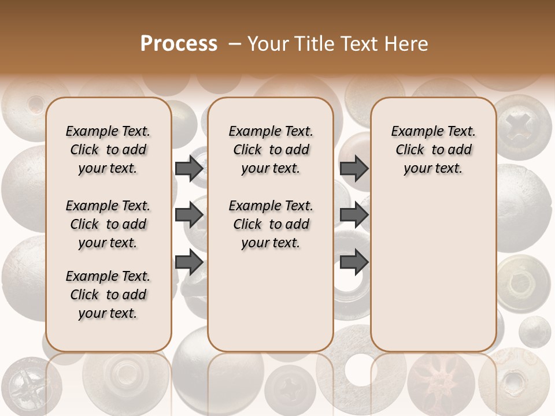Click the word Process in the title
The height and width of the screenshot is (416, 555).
(x=179, y=44)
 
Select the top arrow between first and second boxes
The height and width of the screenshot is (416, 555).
(x=189, y=169)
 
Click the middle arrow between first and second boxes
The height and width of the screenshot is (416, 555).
(x=189, y=216)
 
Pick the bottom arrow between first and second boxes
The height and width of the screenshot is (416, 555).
(x=189, y=262)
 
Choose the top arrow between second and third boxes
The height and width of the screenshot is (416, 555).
(x=354, y=169)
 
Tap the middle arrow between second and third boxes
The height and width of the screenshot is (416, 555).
(x=354, y=216)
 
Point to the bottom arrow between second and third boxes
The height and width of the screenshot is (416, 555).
(x=354, y=262)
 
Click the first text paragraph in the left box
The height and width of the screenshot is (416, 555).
(x=108, y=150)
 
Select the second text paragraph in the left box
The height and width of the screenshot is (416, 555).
(x=108, y=224)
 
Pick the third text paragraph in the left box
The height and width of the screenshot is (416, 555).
(x=108, y=295)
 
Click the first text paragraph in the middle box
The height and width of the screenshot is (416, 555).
(x=271, y=150)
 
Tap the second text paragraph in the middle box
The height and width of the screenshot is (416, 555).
(x=271, y=224)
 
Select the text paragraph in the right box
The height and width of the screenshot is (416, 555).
(x=433, y=150)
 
